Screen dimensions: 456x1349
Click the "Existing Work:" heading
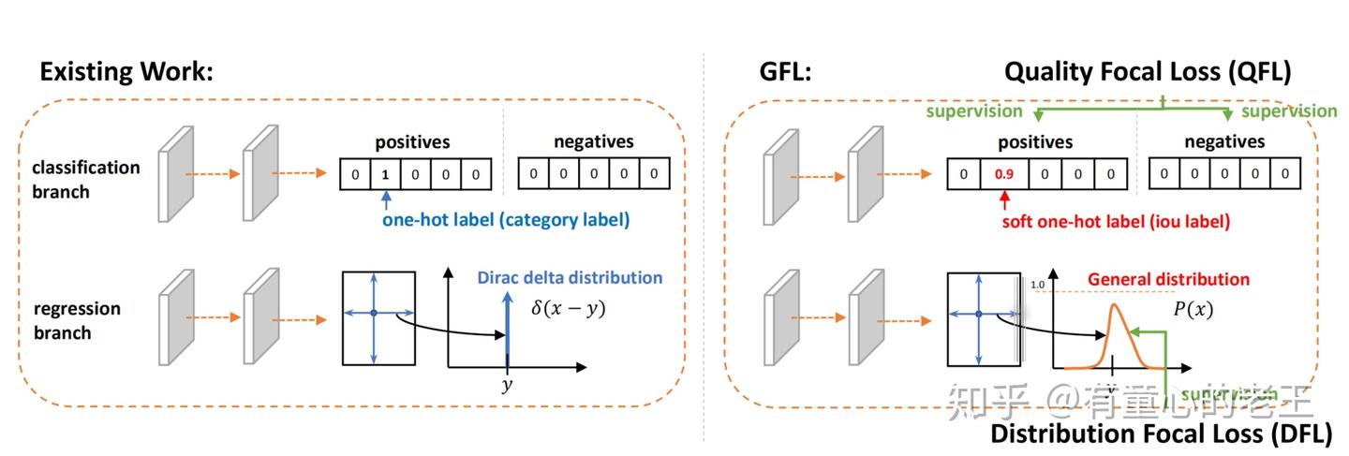126,72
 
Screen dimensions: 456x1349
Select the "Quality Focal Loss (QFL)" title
1148,72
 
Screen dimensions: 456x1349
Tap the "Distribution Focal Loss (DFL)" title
1161,433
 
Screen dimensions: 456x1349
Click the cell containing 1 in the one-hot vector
384,174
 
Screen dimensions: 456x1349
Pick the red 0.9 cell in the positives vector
1003,174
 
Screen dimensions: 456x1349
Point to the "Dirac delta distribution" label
569,277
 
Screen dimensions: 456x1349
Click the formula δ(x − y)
568,307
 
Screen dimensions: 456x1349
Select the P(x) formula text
1192,309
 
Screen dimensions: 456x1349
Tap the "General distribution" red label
1167,279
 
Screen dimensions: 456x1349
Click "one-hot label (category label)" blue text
505,221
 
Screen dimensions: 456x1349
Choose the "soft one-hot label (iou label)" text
1116,222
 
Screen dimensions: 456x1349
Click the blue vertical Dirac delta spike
507,328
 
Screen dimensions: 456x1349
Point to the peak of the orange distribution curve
1114,306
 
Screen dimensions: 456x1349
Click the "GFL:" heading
784,72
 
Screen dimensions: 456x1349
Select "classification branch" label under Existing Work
85,179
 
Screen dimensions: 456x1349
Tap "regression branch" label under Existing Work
76,320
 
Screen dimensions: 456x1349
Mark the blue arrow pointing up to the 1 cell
385,199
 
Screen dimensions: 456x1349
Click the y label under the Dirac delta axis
507,385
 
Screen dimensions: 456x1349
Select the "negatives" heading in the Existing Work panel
593,142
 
